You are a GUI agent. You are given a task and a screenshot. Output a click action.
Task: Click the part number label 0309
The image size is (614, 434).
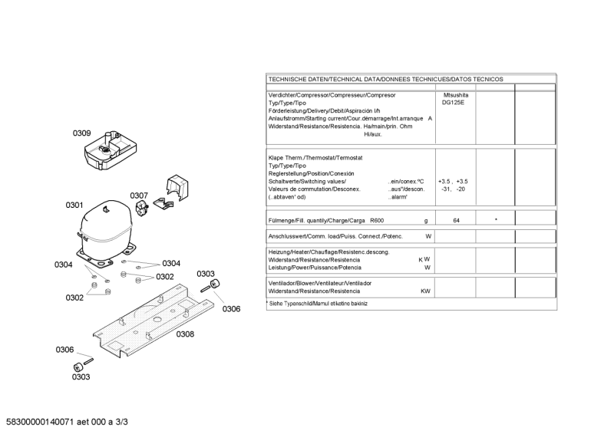coord(82,133)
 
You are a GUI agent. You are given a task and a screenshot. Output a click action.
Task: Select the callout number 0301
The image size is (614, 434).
coord(74,205)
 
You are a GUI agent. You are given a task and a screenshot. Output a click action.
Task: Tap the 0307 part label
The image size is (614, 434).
coord(138,196)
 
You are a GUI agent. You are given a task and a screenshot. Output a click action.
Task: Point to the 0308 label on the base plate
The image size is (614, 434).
coord(185,334)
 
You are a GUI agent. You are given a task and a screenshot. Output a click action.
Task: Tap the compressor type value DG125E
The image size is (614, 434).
coord(453,103)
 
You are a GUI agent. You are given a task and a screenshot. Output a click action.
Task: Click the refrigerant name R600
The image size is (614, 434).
coord(378,220)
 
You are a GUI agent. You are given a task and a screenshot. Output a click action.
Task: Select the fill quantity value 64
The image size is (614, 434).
coord(456,220)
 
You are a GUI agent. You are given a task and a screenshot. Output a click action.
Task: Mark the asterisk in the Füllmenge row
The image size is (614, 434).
coord(496,220)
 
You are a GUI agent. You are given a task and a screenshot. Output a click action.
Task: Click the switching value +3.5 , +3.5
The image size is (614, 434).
coord(453,181)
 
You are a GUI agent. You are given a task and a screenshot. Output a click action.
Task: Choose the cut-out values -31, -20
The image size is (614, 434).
coord(453,189)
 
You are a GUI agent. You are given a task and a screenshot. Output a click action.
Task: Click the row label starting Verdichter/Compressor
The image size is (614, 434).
coord(332,95)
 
